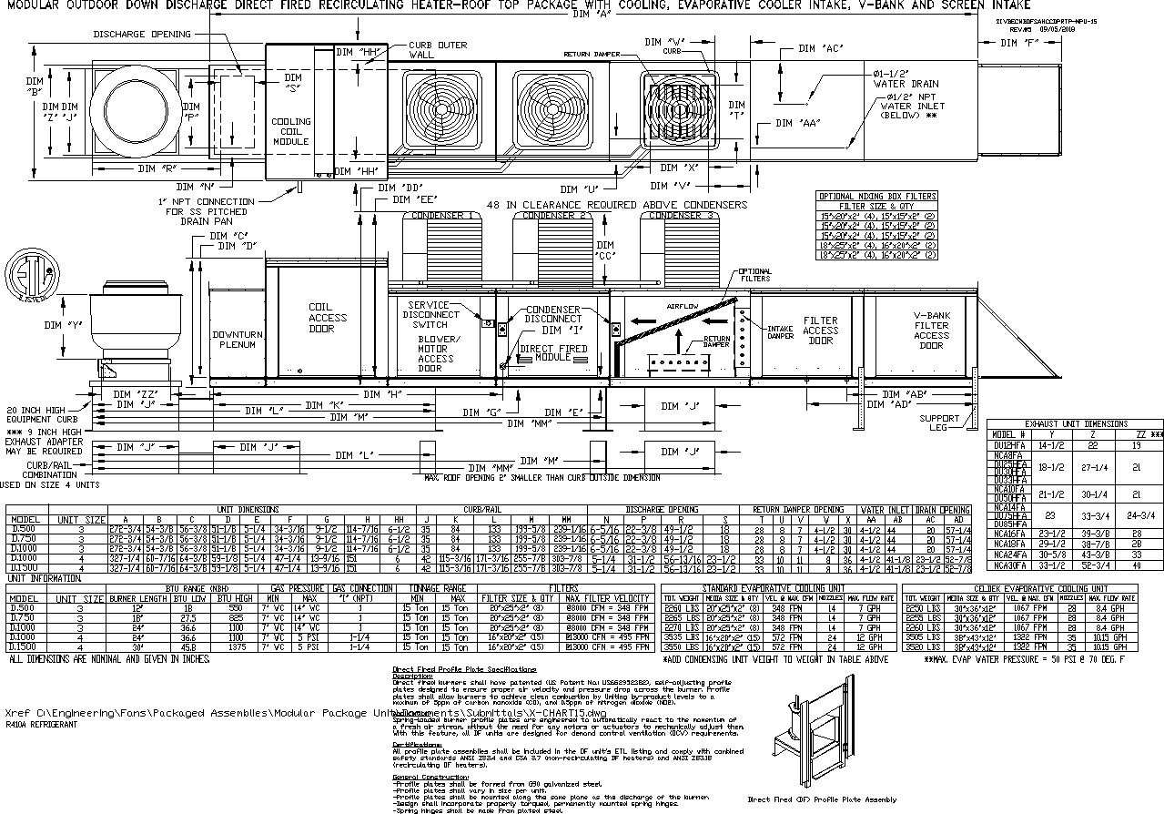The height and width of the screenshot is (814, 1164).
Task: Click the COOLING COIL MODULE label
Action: click(291, 131)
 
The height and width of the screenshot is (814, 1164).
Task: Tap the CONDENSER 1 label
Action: click(442, 216)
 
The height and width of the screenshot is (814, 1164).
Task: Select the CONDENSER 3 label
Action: click(683, 216)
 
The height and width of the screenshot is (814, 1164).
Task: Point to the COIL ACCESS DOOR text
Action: click(328, 318)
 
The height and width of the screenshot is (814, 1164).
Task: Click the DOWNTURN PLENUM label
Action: click(238, 340)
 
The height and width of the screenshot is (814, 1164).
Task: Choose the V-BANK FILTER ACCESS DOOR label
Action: click(931, 331)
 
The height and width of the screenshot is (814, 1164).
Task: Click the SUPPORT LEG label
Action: click(939, 423)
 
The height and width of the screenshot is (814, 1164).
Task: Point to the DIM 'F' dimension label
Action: click(1018, 43)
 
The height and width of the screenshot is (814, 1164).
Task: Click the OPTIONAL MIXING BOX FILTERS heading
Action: click(876, 196)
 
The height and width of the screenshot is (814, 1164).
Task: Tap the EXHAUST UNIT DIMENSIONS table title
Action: click(1075, 424)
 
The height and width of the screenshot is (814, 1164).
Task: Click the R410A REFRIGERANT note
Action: click(41, 726)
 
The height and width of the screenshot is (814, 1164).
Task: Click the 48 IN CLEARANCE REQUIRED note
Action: click(617, 205)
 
